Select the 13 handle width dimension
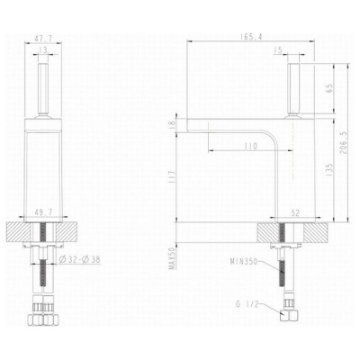click(43, 50)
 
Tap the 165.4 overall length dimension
click(251, 37)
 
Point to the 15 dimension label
click(278, 50)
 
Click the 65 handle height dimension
click(329, 88)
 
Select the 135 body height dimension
click(329, 170)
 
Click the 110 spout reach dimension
click(251, 146)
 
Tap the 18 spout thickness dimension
click(173, 124)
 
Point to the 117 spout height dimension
click(173, 177)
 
